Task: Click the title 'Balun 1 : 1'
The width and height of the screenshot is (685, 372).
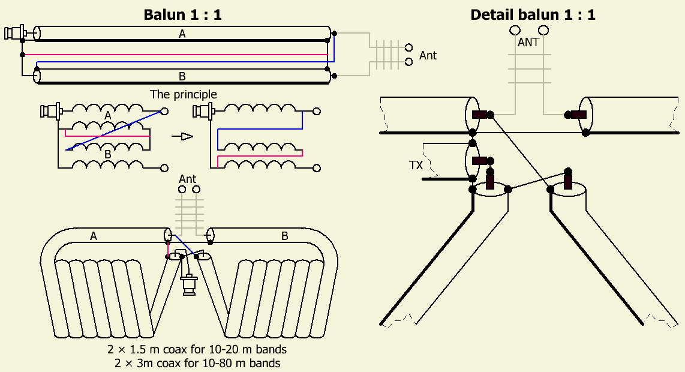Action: tap(182, 15)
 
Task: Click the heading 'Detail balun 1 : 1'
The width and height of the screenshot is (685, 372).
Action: tap(533, 15)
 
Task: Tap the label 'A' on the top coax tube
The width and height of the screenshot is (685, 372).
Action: tap(182, 35)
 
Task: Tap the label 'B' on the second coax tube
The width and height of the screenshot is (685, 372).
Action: tap(182, 76)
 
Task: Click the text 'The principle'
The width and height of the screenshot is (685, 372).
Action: tap(184, 94)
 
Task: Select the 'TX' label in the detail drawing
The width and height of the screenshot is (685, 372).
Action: tap(416, 164)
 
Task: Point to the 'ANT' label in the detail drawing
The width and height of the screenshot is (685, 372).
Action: tap(528, 43)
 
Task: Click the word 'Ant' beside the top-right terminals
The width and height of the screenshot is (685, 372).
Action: tap(428, 55)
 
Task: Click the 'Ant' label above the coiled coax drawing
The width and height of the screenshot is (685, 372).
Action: tap(188, 179)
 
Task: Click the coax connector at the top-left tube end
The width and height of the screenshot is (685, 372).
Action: tap(14, 32)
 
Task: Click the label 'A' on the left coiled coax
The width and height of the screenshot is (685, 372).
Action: tap(94, 236)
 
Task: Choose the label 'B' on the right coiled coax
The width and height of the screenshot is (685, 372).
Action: tap(284, 236)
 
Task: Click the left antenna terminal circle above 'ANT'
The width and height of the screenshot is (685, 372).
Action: tap(514, 30)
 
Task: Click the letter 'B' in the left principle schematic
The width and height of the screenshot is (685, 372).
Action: tap(108, 154)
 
